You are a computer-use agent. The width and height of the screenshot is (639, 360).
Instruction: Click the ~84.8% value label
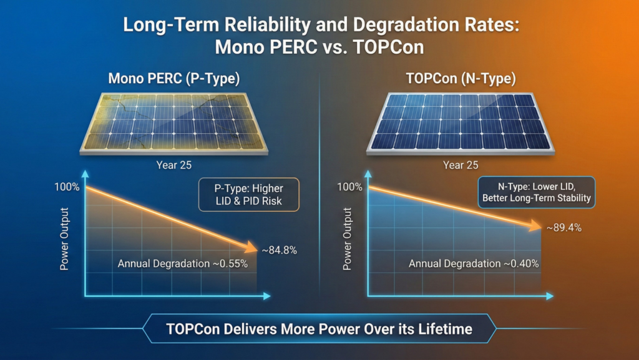279,251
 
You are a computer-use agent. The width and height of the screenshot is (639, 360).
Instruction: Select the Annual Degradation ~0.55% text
183,264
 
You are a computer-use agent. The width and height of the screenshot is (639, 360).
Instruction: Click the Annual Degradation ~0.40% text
474,264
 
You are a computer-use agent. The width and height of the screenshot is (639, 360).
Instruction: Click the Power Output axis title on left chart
64,240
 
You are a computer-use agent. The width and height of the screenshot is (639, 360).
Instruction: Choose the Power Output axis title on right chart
348,240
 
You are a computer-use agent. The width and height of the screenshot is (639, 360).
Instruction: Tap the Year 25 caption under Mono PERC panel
174,166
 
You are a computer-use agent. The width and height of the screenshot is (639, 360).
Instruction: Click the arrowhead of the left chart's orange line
252,249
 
